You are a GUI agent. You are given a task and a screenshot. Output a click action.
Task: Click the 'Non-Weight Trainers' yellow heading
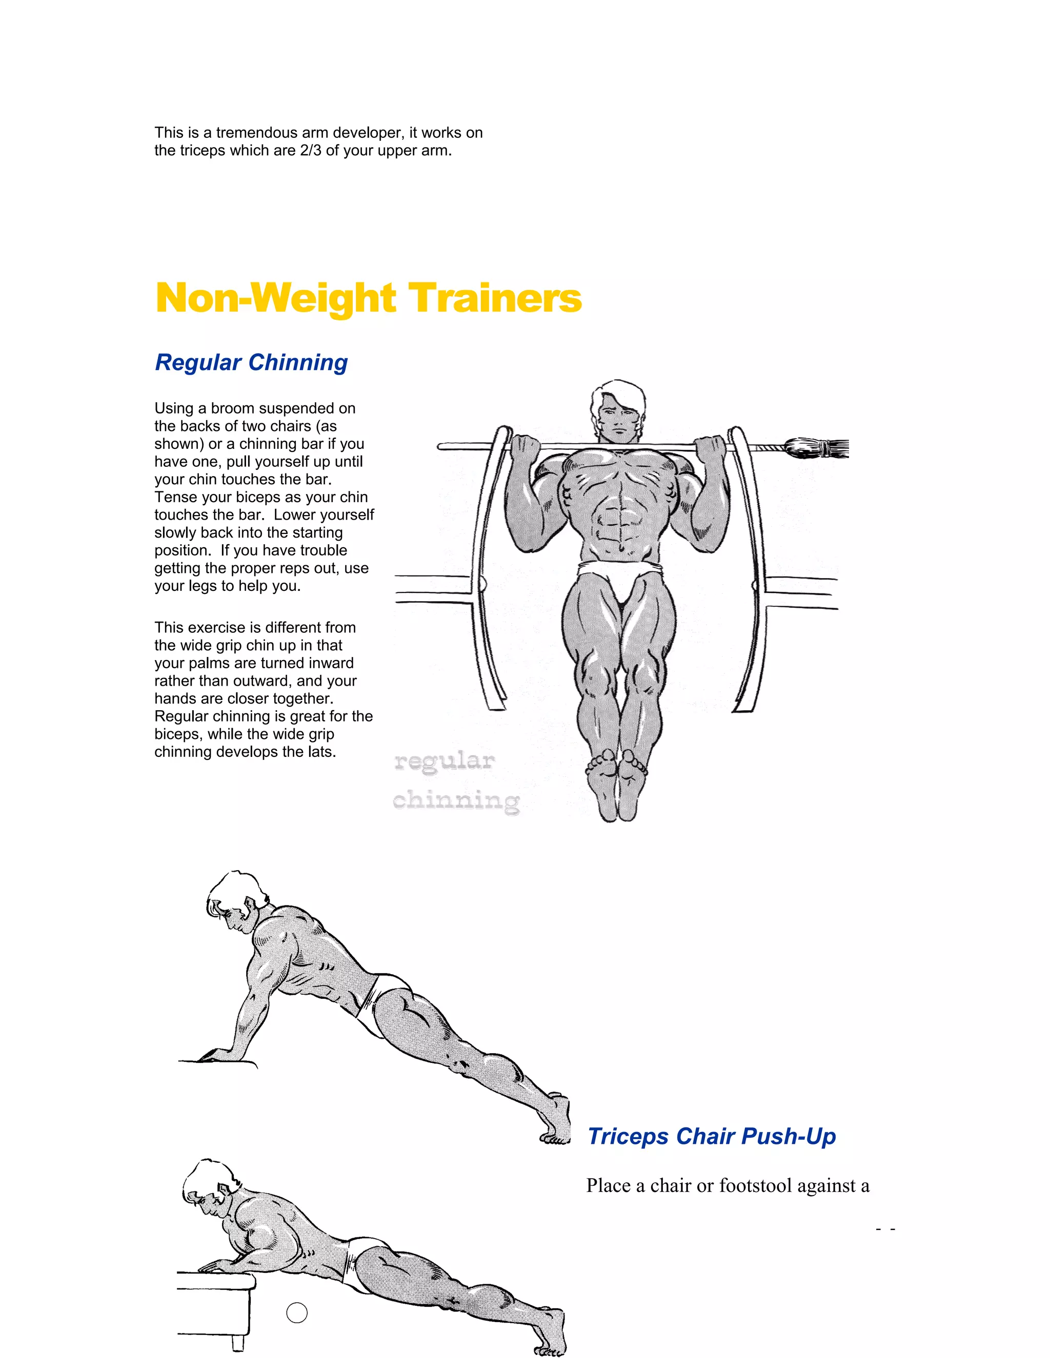pyautogui.click(x=368, y=298)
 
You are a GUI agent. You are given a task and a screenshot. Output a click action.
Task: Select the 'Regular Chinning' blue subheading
pyautogui.click(x=251, y=362)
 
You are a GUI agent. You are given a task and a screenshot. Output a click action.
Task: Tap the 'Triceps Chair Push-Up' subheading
pyautogui.click(x=711, y=1136)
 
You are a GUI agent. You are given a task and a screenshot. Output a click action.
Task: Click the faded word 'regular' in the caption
pyautogui.click(x=444, y=761)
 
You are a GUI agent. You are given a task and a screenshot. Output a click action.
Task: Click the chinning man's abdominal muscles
pyautogui.click(x=618, y=516)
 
